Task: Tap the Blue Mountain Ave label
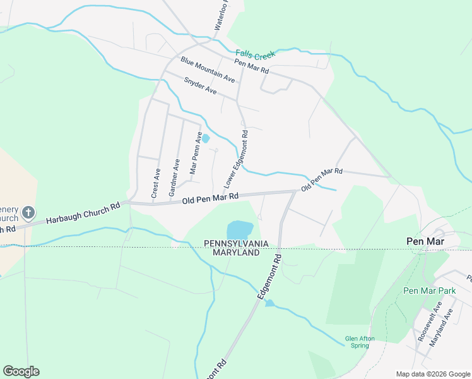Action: pyautogui.click(x=208, y=69)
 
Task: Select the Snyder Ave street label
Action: pyautogui.click(x=200, y=87)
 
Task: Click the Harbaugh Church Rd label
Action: pyautogui.click(x=83, y=214)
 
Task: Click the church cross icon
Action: pyautogui.click(x=28, y=212)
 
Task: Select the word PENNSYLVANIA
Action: pyautogui.click(x=236, y=243)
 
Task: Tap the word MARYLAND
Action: pyautogui.click(x=236, y=253)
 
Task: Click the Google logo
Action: pyautogui.click(x=21, y=371)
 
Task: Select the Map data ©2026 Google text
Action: pyautogui.click(x=433, y=374)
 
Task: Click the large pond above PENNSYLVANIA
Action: pyautogui.click(x=239, y=229)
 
